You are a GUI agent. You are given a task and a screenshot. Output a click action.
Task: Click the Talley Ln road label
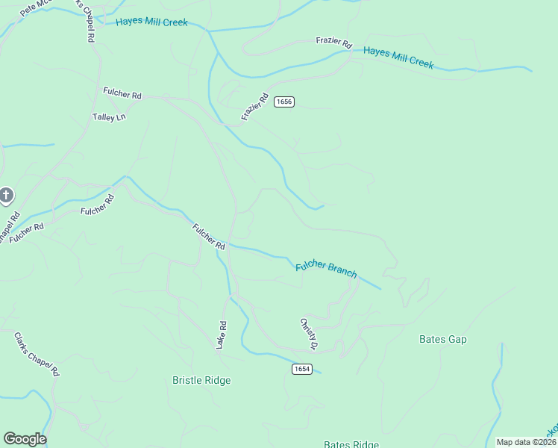(109, 117)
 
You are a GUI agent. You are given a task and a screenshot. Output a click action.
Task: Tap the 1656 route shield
(283, 102)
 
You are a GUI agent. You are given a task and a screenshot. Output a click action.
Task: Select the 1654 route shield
(301, 369)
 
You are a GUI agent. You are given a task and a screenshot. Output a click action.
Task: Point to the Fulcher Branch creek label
(326, 268)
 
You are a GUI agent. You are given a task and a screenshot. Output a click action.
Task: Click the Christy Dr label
(309, 334)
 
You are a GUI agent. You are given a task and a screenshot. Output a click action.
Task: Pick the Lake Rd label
(222, 333)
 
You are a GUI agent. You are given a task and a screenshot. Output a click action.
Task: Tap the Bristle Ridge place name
(201, 380)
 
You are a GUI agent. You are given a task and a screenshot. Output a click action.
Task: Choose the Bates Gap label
(443, 339)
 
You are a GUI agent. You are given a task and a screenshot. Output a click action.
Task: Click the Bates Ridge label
(351, 444)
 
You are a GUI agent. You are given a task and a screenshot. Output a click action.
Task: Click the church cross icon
(5, 196)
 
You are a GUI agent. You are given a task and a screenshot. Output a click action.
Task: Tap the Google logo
(25, 439)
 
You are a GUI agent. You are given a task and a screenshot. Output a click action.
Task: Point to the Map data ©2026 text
(526, 442)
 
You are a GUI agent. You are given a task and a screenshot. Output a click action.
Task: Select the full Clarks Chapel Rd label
(36, 354)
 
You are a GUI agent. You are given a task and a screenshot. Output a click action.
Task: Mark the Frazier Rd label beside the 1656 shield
(254, 107)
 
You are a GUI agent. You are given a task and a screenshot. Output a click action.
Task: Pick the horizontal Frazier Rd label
(333, 43)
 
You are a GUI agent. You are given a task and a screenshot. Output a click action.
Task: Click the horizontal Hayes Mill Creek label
(151, 22)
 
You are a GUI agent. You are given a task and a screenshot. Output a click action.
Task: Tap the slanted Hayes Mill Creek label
(398, 58)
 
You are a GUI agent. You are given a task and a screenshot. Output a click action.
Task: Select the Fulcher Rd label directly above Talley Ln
(122, 95)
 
